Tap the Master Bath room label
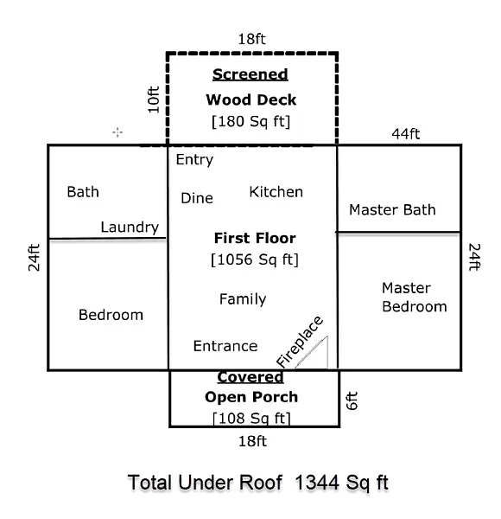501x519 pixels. coord(392,210)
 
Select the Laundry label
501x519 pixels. coord(130,227)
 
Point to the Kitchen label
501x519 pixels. coord(276,192)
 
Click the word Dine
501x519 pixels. coord(197,198)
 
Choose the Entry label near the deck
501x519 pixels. coord(194,160)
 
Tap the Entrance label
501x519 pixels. coord(225,346)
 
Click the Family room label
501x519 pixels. coord(243,299)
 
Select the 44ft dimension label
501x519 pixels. coord(406,134)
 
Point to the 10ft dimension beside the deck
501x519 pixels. coord(154,99)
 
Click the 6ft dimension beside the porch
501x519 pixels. coord(352,400)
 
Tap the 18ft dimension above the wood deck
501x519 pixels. coord(252,39)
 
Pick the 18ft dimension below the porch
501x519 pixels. coord(252,441)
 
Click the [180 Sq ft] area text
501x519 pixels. coord(250,121)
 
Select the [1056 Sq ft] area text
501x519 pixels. coord(255,259)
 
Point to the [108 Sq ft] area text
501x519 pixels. coord(251,418)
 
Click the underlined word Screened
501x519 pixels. coord(250,74)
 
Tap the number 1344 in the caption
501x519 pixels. coord(317,483)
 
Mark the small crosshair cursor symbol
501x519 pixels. coord(117,132)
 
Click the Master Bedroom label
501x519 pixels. coord(415,298)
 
